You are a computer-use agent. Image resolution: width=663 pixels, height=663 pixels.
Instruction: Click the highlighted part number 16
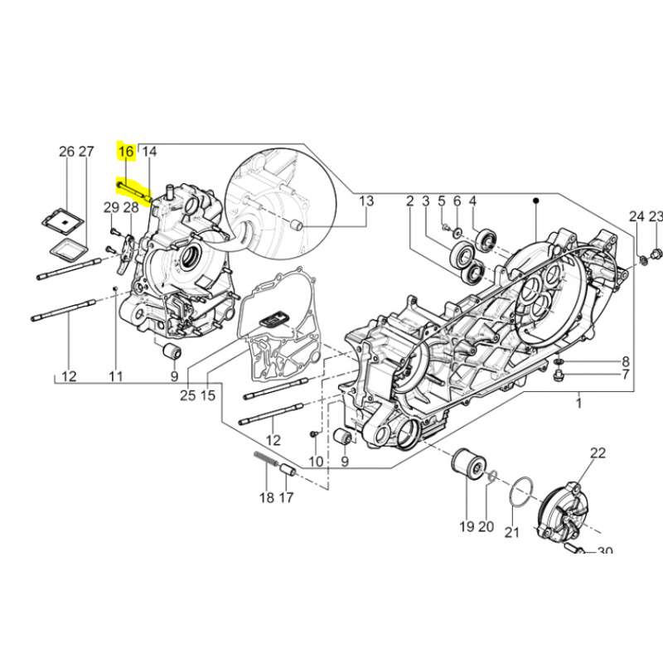tap(125, 152)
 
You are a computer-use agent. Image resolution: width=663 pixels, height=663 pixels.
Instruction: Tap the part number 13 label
tap(365, 201)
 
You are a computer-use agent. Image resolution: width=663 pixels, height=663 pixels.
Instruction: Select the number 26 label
tap(67, 152)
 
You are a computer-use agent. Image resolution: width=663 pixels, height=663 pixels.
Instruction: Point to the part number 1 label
tap(578, 403)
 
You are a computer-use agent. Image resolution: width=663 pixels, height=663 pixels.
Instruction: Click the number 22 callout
tap(598, 452)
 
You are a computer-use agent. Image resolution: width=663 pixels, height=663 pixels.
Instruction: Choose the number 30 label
tap(604, 552)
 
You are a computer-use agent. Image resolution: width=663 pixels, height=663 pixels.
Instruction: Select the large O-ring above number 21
tap(519, 493)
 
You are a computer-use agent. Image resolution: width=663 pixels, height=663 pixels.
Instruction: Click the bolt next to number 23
tap(656, 251)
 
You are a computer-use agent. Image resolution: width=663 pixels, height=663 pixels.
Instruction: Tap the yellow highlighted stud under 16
tap(133, 190)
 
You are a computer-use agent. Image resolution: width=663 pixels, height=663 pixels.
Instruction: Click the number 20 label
tap(486, 527)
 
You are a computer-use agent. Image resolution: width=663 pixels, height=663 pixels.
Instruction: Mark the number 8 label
tap(626, 362)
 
